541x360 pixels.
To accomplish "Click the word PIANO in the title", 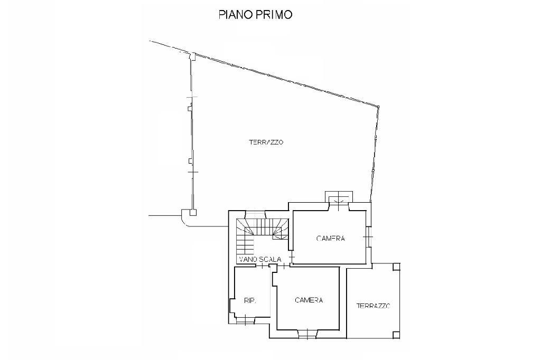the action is click(x=235, y=15).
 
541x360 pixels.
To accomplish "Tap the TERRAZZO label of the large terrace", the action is click(x=266, y=142).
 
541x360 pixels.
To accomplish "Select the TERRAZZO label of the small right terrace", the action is click(x=373, y=306).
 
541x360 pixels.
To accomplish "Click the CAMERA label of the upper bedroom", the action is click(x=331, y=238).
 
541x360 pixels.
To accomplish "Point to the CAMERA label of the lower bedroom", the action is click(x=309, y=300).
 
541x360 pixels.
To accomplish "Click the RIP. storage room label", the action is click(x=250, y=301).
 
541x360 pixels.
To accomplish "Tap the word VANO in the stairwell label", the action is click(x=248, y=259).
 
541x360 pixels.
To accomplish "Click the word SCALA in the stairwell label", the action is click(x=270, y=259).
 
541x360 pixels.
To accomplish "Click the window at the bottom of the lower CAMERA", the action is click(x=306, y=333).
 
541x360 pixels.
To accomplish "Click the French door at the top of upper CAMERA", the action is click(x=338, y=201).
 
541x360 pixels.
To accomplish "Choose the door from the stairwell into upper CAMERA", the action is click(x=292, y=258).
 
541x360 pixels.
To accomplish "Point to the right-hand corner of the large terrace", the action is click(x=378, y=106).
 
